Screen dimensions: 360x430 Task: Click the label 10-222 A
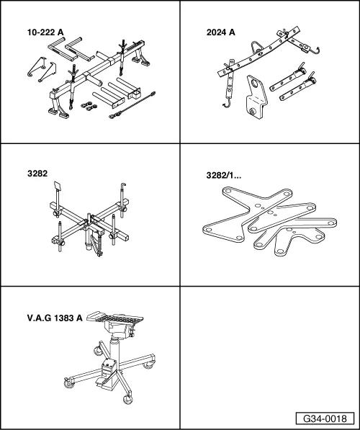45,32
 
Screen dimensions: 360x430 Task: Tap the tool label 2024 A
221,32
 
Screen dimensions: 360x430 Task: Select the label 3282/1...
224,175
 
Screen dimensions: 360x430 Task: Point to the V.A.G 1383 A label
55,318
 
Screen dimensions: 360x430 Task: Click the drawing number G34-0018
325,418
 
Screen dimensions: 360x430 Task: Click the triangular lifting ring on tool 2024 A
256,47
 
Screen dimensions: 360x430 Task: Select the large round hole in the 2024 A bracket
255,83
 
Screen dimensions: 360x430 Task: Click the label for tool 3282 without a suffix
37,174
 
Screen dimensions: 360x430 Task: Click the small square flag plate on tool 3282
58,186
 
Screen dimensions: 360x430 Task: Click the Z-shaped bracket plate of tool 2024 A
256,97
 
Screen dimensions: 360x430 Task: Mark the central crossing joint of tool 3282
89,223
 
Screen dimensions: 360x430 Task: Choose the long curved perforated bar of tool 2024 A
259,52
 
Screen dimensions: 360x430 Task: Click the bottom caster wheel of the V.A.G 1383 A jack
127,399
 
